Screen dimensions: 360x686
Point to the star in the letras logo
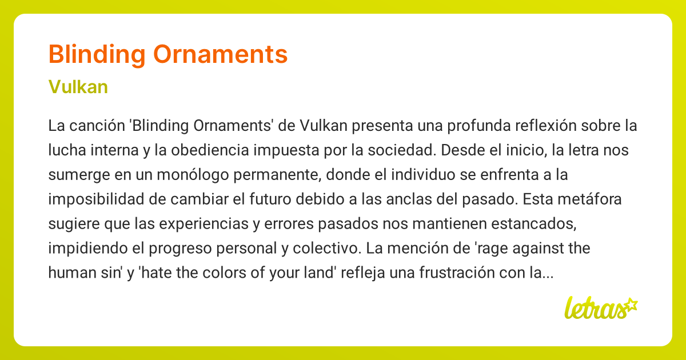tap(631, 304)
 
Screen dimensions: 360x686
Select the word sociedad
tap(406, 150)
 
